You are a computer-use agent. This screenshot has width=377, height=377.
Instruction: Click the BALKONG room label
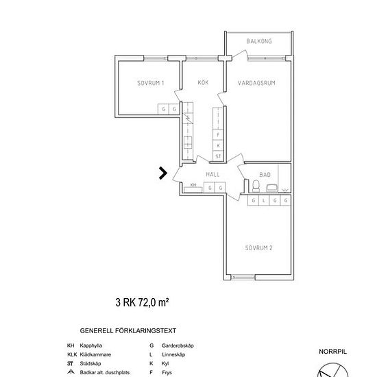coord(259,41)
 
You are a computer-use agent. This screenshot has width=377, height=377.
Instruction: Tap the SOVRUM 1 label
coord(151,83)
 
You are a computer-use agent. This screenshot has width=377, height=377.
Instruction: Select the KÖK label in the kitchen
coord(203,82)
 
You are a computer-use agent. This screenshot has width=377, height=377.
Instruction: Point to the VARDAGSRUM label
coord(256,83)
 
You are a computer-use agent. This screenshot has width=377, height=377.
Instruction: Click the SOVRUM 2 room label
coord(258,248)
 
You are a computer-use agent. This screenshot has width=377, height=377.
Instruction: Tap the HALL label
coord(212,174)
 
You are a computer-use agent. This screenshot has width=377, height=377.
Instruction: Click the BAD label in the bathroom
coord(265,175)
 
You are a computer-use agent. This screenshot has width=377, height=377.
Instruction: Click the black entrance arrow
coord(163,173)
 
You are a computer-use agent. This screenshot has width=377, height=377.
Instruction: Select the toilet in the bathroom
coord(256,186)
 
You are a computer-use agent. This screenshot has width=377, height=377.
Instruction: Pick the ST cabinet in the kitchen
coord(218,156)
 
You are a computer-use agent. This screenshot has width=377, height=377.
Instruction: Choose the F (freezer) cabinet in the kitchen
coord(218,134)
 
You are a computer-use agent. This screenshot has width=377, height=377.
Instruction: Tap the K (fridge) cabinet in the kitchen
coord(218,145)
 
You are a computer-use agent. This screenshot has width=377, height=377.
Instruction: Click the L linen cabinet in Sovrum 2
coord(264,200)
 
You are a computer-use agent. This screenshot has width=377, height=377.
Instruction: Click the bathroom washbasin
coord(272,188)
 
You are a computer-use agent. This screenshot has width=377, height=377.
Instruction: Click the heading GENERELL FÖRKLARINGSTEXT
coord(128,331)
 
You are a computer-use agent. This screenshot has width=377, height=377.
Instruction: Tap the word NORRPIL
coord(332,352)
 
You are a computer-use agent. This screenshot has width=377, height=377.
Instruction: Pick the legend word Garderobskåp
coord(178,345)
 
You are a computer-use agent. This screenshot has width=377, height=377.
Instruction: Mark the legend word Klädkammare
coord(95,354)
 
